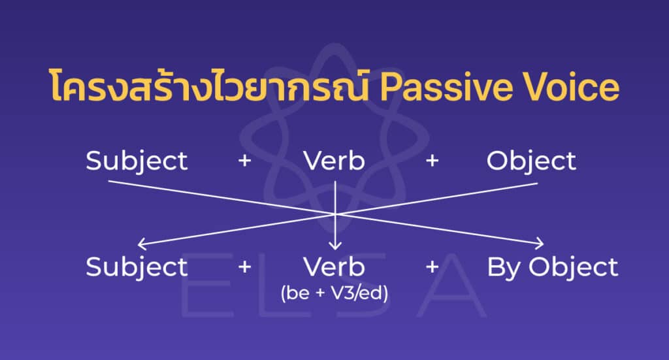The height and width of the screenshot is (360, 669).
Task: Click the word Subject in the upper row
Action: click(137, 161)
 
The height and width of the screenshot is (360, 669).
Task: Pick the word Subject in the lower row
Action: click(137, 267)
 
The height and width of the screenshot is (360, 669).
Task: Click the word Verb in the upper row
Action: click(334, 161)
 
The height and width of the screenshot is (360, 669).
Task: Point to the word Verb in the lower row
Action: click(334, 267)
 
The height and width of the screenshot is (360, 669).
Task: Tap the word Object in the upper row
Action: click(531, 161)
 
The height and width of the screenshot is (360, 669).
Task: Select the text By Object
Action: click(552, 267)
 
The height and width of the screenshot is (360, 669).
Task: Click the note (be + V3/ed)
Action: click(334, 293)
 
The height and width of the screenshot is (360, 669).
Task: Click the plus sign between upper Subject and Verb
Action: click(244, 161)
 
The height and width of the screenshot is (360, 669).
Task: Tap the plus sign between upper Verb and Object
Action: click(432, 161)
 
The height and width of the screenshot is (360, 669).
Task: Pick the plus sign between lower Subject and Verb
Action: click(244, 267)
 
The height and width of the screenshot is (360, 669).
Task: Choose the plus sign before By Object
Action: click(432, 267)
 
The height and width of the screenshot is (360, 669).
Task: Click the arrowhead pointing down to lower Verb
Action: click(335, 247)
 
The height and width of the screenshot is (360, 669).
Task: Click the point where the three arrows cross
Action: click(335, 214)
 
